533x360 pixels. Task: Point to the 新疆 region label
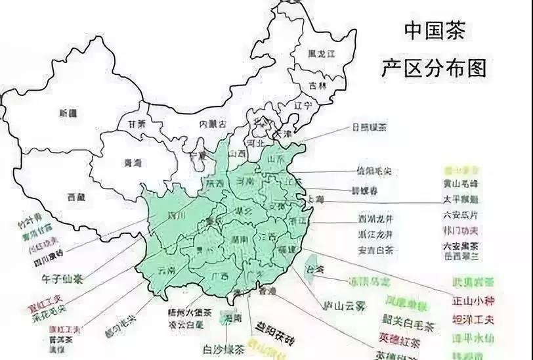(68, 113)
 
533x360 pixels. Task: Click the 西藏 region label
(76, 196)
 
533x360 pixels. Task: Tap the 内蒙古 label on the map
(213, 124)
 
